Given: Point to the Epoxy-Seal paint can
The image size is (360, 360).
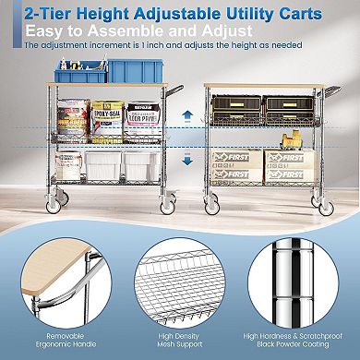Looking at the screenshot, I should coord(109,120).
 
